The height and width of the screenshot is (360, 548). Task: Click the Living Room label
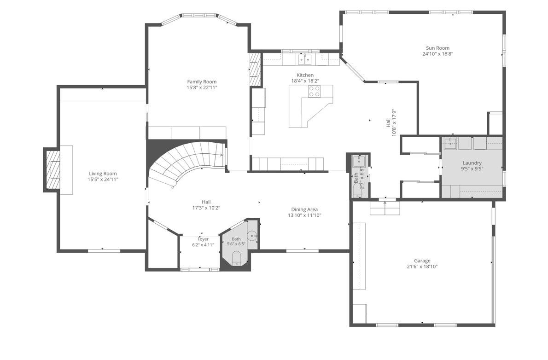[x=103, y=174]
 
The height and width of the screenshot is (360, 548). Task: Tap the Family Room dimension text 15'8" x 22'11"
[x=202, y=87]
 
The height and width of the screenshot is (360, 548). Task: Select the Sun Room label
[x=437, y=48]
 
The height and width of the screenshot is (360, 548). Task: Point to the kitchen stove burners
[x=314, y=91]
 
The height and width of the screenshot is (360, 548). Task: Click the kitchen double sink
[x=305, y=59]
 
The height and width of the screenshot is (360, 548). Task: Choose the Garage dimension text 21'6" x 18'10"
[x=422, y=267]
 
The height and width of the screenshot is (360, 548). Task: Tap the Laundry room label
[x=472, y=163]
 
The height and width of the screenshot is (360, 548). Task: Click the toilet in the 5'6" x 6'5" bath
[x=237, y=258]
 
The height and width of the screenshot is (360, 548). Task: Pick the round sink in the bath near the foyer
[x=252, y=236]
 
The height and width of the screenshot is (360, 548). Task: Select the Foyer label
[x=203, y=239]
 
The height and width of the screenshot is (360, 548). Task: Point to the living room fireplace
[x=52, y=169]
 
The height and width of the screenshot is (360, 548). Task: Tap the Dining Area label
[x=304, y=209]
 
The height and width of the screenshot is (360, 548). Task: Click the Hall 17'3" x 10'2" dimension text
[x=206, y=208]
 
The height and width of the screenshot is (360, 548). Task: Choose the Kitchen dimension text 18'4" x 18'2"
[x=305, y=81]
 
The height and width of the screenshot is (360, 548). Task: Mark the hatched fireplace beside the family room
[x=256, y=70]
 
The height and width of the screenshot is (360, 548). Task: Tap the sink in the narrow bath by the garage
[x=359, y=162]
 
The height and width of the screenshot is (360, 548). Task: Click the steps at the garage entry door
[x=385, y=208]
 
